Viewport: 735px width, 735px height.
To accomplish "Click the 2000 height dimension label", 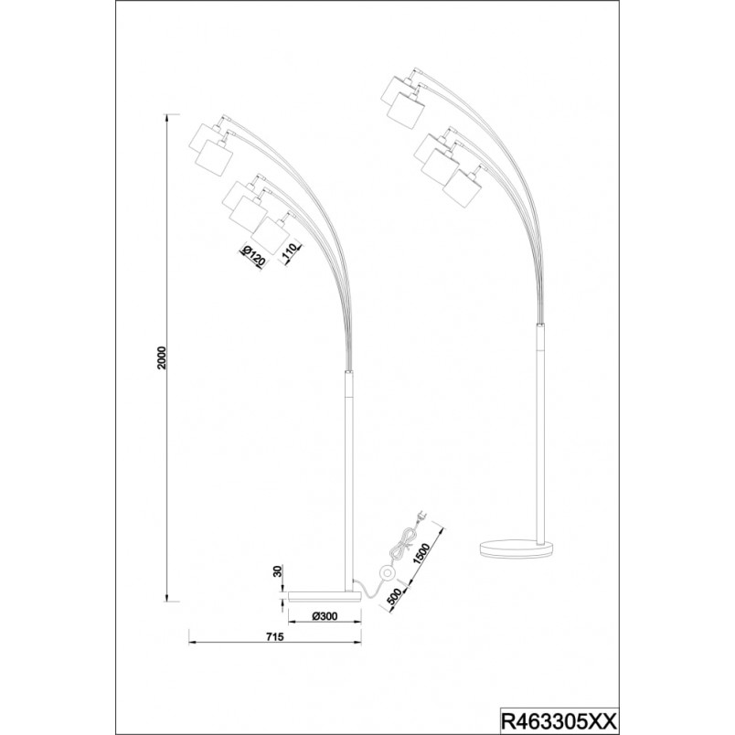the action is pos(162,357).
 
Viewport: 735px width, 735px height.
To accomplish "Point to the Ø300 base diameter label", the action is pos(324,616).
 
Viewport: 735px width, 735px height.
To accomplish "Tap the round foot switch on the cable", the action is pos(388,573).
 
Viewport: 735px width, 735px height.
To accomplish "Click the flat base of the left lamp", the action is pos(325,596).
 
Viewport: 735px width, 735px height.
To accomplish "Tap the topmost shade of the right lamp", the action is pos(397,89).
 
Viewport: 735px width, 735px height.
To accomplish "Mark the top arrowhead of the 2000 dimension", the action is pos(167,118).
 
